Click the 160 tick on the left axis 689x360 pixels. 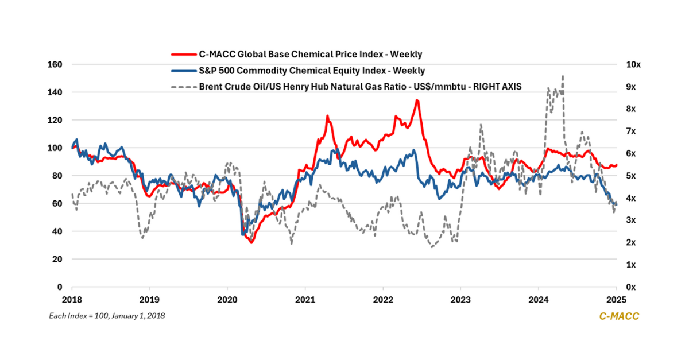click(55, 65)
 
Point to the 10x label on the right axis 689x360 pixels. click(633, 65)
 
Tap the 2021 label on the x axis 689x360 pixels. click(305, 300)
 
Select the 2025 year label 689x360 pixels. click(616, 300)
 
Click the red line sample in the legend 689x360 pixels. click(184, 55)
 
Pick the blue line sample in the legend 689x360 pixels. click(184, 71)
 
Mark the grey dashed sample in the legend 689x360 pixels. click(184, 87)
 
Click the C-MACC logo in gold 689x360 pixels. click(619, 316)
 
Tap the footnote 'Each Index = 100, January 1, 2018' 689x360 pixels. click(107, 316)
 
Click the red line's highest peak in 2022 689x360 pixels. click(417, 100)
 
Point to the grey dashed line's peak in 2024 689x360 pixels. click(563, 76)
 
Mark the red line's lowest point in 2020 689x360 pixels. click(251, 243)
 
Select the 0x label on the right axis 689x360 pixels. click(631, 287)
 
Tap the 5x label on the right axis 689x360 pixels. click(631, 176)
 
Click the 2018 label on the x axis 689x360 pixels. click(72, 300)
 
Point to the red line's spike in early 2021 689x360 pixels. click(327, 116)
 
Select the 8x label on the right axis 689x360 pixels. click(631, 109)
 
